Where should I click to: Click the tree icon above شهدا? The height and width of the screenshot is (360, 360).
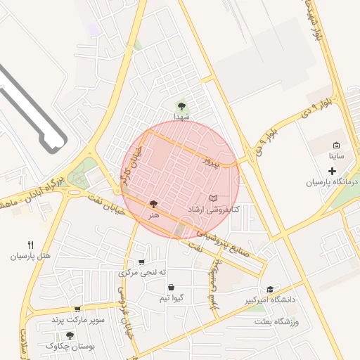(182, 106)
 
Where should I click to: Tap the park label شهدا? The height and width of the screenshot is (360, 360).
(182, 117)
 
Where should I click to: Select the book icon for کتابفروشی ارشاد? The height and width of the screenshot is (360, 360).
(214, 200)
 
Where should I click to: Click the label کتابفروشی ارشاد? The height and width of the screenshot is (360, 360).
(214, 210)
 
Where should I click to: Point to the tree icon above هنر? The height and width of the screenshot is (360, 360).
(153, 204)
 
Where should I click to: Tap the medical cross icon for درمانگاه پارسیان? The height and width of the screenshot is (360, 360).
(332, 171)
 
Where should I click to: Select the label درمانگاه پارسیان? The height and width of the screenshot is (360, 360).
(332, 182)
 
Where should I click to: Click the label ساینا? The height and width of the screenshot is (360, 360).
(337, 155)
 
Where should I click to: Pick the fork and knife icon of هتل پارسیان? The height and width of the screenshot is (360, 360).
(30, 245)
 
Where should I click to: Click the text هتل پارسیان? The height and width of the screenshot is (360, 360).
(30, 256)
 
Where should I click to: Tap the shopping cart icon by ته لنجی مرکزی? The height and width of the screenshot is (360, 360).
(142, 262)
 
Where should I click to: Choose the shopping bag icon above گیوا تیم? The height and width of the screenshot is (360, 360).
(172, 287)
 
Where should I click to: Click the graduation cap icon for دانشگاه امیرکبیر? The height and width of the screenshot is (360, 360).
(269, 289)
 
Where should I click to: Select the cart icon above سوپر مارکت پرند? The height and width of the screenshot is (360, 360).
(77, 309)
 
